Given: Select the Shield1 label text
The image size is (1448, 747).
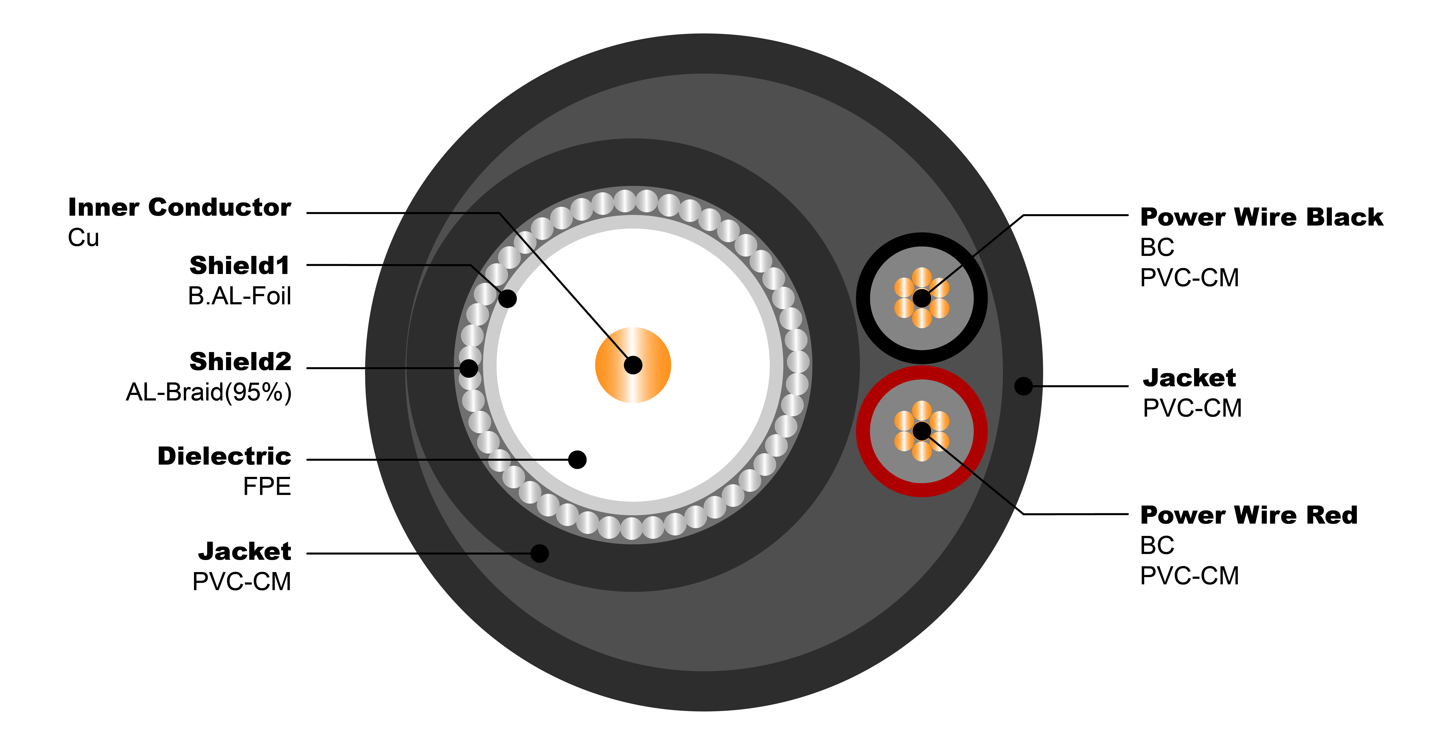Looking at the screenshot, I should (240, 265).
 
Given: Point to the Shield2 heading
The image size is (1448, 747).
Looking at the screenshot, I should (240, 361).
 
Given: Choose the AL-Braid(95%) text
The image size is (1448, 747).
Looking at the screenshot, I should (208, 392).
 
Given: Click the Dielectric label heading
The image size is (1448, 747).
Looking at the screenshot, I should (224, 456).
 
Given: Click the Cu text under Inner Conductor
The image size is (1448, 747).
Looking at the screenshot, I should (83, 238).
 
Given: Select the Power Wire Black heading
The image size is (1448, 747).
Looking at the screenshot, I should (1261, 217).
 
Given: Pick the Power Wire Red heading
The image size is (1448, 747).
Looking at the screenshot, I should (1248, 515).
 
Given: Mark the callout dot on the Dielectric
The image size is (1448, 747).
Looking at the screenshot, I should (577, 460).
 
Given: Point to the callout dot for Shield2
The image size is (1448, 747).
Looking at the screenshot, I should (469, 368).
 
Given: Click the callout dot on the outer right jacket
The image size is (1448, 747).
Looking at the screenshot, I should (1024, 386).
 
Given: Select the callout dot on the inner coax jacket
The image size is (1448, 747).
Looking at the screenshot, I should (540, 554).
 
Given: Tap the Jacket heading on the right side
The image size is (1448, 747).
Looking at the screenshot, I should (1189, 378).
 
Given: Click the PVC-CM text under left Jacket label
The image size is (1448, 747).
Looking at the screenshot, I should (242, 582).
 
